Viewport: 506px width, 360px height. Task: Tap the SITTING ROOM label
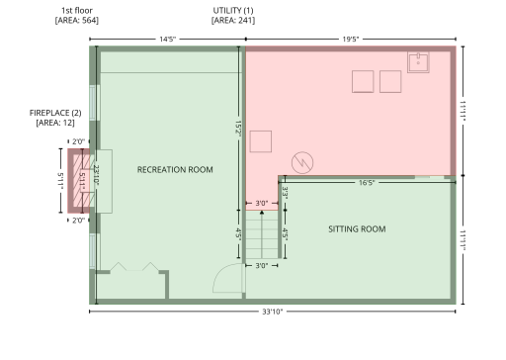point(357,229)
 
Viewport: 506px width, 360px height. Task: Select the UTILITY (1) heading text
point(233,11)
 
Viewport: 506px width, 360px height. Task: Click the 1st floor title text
point(76,11)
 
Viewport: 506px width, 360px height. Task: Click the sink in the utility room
point(419,62)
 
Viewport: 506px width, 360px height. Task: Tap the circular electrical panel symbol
point(302,160)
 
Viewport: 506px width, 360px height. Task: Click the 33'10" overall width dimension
point(274,313)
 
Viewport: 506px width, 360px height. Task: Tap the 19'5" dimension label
point(351,39)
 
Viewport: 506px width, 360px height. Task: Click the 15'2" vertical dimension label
point(238,130)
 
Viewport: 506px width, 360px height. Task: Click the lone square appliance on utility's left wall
point(261,141)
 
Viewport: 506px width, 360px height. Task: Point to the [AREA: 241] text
point(233,20)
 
